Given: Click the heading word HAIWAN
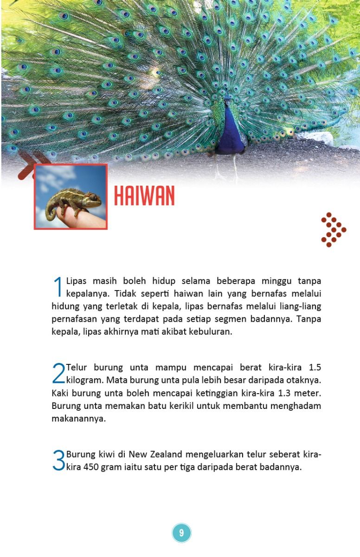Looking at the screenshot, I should tap(144, 197).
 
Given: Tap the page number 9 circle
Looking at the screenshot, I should tap(181, 532).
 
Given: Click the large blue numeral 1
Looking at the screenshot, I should tap(58, 286).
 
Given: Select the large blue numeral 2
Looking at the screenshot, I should tap(58, 373).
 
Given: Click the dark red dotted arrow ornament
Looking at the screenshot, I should tap(333, 229).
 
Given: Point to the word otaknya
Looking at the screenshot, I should tap(304, 381).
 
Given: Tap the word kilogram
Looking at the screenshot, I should tap(85, 381).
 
